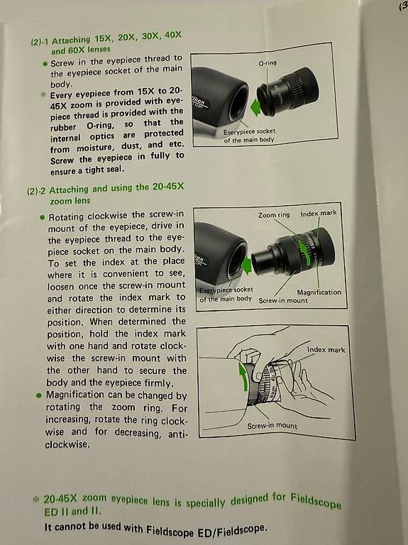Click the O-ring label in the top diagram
pos(268,63)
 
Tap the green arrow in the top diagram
pos(255,106)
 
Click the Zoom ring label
pos(274,215)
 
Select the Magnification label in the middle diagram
pos(319,292)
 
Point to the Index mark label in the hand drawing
pos(326,350)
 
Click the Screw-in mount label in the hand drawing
pos(272,426)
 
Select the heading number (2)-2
pos(36,191)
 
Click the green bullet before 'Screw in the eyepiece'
pos(45,64)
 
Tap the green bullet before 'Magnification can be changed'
pos(39,395)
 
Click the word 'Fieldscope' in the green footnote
pos(316,500)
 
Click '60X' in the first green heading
pos(77,50)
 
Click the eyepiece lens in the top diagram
pos(289,92)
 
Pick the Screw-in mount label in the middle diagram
pos(283,300)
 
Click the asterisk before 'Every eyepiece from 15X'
pos(43,94)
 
